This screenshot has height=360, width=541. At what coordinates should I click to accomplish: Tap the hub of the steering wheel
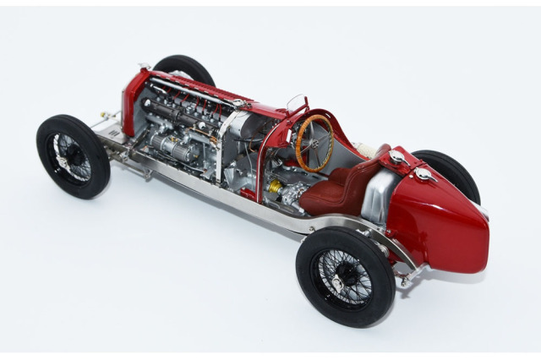point(314,141)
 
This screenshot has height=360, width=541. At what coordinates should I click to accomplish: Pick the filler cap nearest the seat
point(396,156)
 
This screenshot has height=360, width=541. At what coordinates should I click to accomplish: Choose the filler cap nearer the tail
point(422,173)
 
